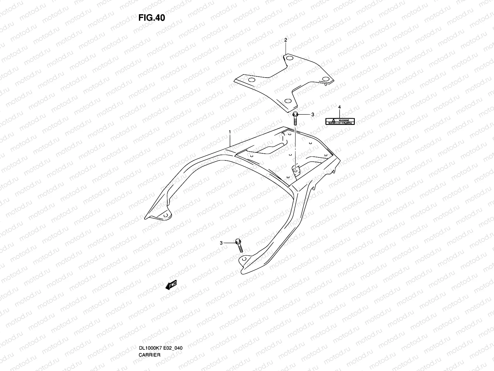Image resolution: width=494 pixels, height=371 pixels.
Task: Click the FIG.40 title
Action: click(152, 18)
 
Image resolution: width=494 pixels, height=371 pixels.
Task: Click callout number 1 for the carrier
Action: click(230, 132)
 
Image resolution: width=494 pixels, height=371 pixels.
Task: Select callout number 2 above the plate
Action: click(286, 40)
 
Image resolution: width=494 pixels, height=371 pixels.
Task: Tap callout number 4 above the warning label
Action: click(339, 107)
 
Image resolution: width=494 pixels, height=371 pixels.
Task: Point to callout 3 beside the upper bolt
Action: click(312, 114)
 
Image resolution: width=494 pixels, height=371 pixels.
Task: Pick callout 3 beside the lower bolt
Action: click(221, 243)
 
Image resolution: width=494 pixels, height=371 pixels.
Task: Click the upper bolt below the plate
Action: click(295, 118)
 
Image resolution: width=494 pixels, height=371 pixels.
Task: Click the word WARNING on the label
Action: click(344, 120)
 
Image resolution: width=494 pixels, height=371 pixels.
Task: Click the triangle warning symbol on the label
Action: click(333, 120)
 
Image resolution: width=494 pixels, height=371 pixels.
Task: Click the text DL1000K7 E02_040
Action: click(161, 322)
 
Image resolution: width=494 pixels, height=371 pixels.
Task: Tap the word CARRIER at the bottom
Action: click(149, 329)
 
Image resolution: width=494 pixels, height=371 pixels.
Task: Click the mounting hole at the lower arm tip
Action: click(245, 259)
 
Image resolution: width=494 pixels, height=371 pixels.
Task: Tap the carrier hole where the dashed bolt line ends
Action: click(295, 170)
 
